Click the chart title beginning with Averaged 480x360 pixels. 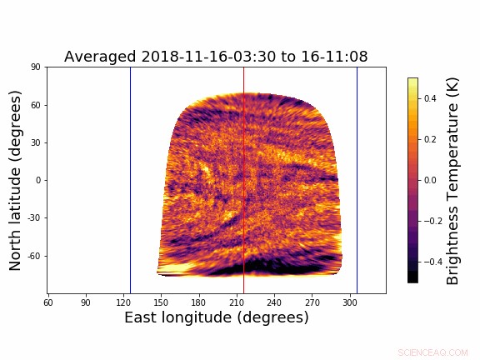216,57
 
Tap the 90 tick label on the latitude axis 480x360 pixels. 36,67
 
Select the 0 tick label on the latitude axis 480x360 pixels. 39,180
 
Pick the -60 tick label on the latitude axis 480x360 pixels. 34,255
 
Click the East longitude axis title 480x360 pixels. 216,317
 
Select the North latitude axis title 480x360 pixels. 16,180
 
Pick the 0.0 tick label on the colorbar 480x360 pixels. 431,180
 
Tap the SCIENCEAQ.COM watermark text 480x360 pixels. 432,352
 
